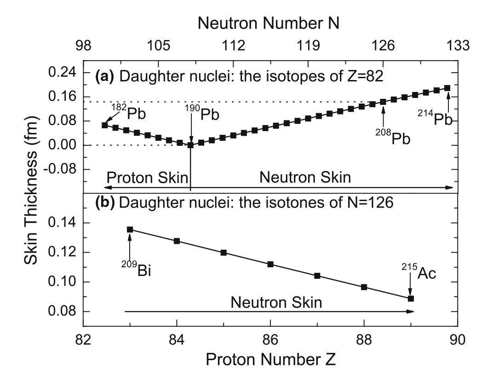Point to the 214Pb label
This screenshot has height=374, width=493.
coord(436,120)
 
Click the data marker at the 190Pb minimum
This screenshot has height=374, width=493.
coord(190,145)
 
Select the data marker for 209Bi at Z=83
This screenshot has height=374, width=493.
coord(130,229)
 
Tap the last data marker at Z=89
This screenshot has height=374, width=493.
coord(411,299)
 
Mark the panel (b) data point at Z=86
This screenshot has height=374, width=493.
coord(270,264)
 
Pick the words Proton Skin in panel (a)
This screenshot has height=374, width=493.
coord(140,177)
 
